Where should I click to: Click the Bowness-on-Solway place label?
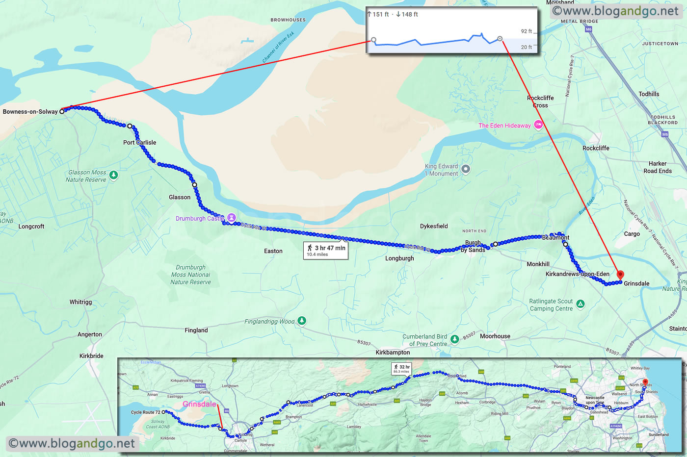point(30,112)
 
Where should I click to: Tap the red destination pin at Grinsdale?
point(620,275)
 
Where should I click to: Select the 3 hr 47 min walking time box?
point(326,251)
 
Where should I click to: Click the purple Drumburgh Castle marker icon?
point(232,218)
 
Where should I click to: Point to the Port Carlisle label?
point(140,143)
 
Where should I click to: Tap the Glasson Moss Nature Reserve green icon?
point(113,175)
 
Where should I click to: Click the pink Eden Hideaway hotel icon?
point(538,125)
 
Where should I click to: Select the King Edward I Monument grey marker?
point(466,169)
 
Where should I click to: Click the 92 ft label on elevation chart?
point(526,31)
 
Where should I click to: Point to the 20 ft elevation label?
point(526,47)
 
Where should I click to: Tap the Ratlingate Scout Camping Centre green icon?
point(581,304)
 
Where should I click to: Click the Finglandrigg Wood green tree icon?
point(302,321)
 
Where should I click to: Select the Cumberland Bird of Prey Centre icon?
point(454,339)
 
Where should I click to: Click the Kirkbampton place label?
point(393,353)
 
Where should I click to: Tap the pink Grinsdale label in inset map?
point(199,404)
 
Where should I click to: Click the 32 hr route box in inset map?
point(401,369)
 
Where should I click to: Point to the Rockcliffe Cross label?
point(540,102)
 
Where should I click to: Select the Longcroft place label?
point(31,227)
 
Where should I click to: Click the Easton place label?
point(273,251)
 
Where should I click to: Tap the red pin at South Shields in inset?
point(645,382)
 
